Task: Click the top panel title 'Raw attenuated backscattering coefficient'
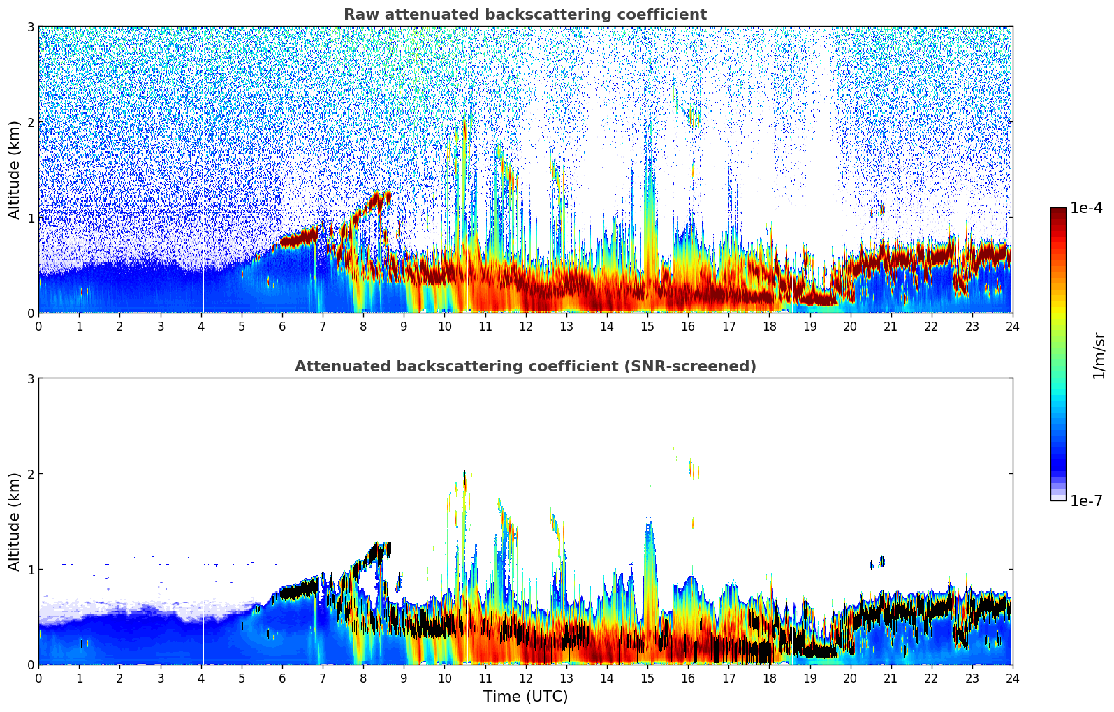pyautogui.click(x=525, y=15)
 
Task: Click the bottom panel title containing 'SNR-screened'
pyautogui.click(x=525, y=366)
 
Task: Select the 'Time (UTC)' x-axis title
pyautogui.click(x=525, y=697)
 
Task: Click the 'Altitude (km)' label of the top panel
pyautogui.click(x=14, y=170)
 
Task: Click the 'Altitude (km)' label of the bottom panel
pyautogui.click(x=14, y=521)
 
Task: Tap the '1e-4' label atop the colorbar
pyautogui.click(x=1086, y=208)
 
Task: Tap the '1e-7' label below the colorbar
pyautogui.click(x=1086, y=501)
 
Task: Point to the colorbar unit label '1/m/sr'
pyautogui.click(x=1099, y=355)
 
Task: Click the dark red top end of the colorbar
pyautogui.click(x=1057, y=212)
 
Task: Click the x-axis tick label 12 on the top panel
pyautogui.click(x=525, y=327)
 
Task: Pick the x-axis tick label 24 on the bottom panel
pyautogui.click(x=1012, y=678)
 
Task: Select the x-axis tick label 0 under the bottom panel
pyautogui.click(x=38, y=678)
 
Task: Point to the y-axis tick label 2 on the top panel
pyautogui.click(x=30, y=122)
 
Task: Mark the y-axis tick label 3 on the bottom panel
pyautogui.click(x=30, y=378)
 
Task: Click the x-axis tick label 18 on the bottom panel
pyautogui.click(x=769, y=678)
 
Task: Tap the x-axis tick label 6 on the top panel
pyautogui.click(x=282, y=327)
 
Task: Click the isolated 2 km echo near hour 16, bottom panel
pyautogui.click(x=692, y=470)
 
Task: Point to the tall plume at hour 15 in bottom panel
pyautogui.click(x=650, y=558)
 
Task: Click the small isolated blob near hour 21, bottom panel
pyautogui.click(x=881, y=561)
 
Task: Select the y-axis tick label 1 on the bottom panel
pyautogui.click(x=30, y=570)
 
